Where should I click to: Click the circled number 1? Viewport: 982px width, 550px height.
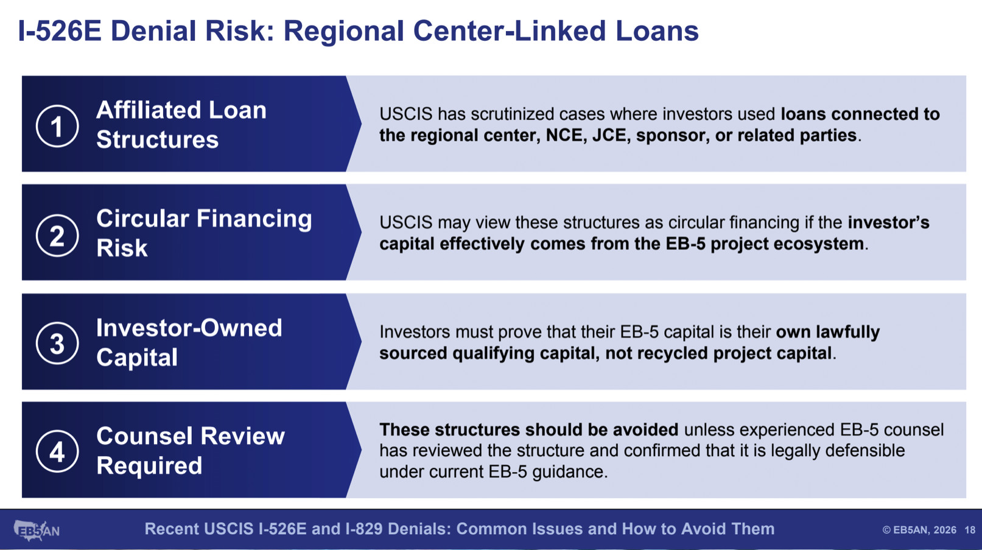pos(57,126)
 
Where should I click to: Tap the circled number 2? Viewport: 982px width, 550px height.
pos(57,236)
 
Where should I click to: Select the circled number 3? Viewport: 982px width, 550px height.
pos(57,344)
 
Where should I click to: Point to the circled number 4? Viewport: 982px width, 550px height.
pos(57,451)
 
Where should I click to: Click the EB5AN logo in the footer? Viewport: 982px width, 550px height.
pos(37,531)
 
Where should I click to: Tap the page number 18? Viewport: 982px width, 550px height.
pos(970,531)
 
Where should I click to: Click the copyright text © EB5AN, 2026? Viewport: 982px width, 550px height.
pos(919,531)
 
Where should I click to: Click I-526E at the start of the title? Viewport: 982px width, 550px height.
pos(60,31)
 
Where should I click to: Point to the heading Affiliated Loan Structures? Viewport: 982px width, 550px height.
pos(181,125)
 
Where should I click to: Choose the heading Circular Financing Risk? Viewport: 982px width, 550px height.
pos(204,233)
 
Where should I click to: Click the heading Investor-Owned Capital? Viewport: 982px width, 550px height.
pos(189,342)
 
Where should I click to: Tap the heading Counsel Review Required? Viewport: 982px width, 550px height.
pos(191,451)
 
